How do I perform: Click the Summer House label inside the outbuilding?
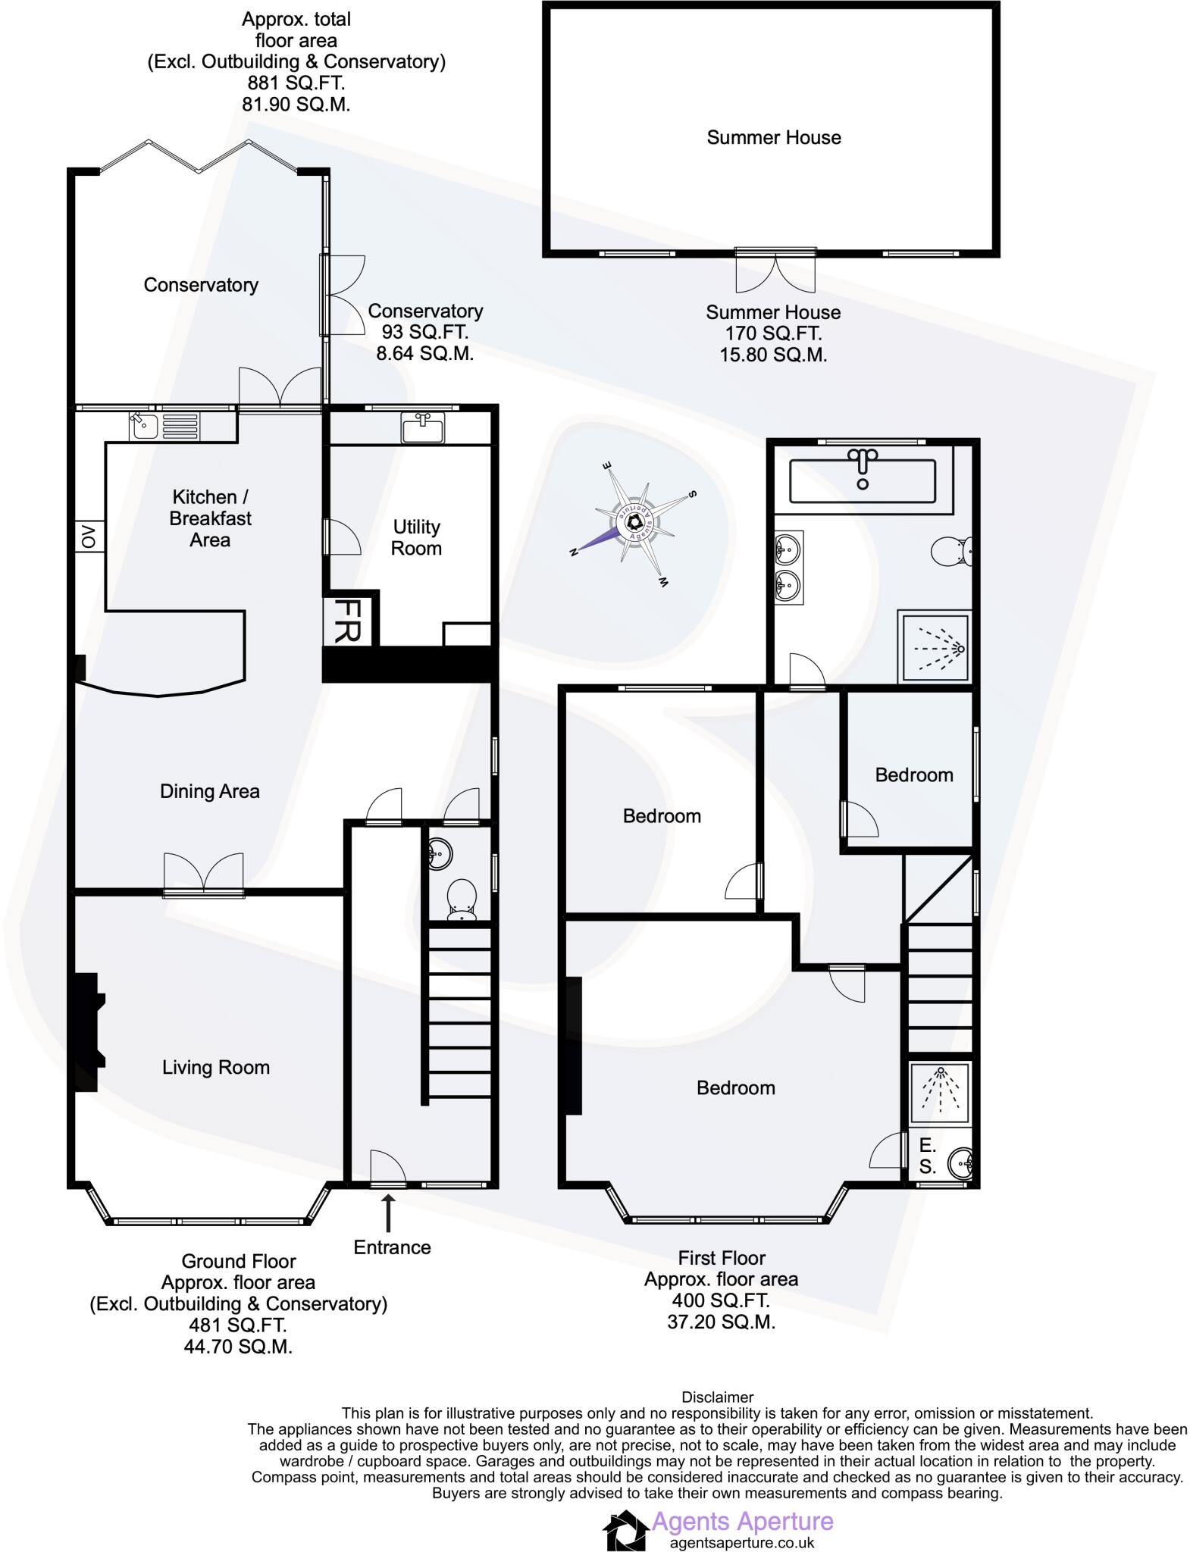pos(773,137)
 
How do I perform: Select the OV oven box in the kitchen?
pos(89,537)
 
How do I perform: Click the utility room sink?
pos(423,427)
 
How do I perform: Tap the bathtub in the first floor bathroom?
pos(862,480)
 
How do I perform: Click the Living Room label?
pos(216,1067)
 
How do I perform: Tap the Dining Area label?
pos(209,791)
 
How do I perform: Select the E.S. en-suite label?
pos(927,1156)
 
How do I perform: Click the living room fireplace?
pos(87,1031)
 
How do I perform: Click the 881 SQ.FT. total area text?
pos(296,83)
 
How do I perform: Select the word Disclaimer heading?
pos(717,1397)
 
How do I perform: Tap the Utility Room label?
pos(416,537)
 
